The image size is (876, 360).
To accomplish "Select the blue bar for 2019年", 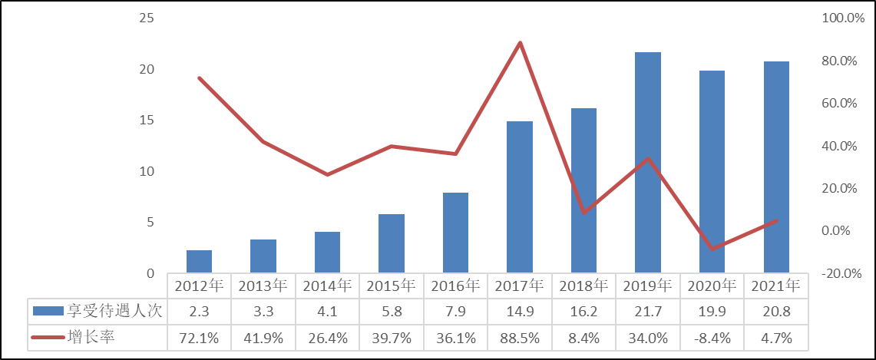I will (648, 163).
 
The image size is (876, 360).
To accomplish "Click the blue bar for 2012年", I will (199, 261).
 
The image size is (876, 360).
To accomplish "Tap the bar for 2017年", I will (520, 197).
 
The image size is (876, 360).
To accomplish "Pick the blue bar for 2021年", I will (776, 167).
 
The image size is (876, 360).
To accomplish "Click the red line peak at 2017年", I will (520, 43).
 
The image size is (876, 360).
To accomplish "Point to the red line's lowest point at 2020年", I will (712, 249).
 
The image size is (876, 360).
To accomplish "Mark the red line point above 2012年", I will (200, 78).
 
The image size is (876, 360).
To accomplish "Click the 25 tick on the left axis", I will (146, 18).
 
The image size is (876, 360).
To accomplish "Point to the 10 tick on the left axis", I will (146, 171).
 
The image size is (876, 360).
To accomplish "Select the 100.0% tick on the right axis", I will (844, 18).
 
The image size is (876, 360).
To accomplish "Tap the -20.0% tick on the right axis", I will (844, 273).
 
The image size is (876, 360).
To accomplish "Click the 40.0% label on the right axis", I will (844, 146).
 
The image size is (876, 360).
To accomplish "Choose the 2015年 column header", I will (392, 286).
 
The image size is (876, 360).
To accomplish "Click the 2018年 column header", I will (584, 286).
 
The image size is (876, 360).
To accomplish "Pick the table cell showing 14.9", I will (520, 311).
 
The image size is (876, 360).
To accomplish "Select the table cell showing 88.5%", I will (520, 336).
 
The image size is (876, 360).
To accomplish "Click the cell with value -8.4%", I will (712, 336).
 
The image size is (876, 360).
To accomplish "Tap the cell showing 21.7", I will (648, 311).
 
